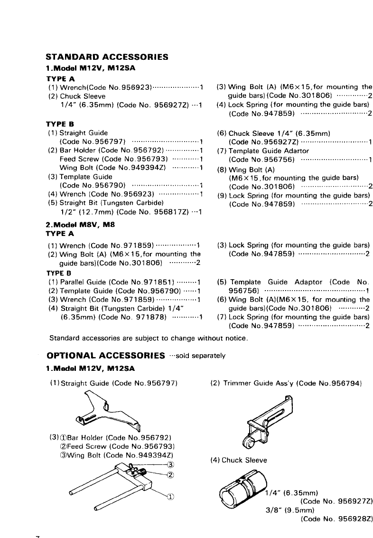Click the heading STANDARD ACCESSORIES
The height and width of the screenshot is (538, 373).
pos(107,57)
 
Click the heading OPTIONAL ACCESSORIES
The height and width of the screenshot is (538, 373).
pos(107,355)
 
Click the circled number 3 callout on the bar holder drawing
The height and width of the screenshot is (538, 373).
pos(171,464)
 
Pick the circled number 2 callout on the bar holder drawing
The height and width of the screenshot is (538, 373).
pos(171,474)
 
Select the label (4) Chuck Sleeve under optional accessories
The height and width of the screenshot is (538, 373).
pos(238,460)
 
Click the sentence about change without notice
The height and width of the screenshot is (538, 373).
pos(149,338)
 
